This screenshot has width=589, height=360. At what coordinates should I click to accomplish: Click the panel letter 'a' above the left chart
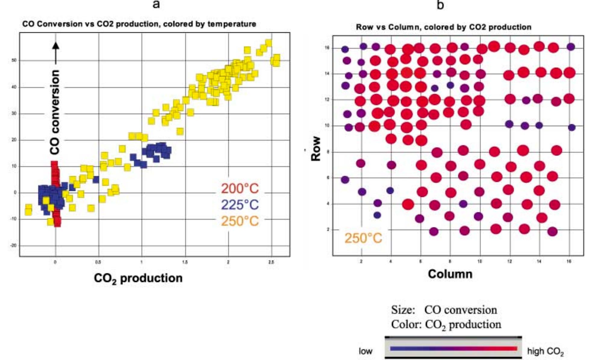[x=156, y=5]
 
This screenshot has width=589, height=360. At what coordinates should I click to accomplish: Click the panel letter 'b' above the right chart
[x=440, y=5]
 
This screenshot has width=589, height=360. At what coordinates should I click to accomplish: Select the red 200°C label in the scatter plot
[x=240, y=189]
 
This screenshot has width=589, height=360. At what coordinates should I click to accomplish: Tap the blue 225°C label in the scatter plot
[x=240, y=205]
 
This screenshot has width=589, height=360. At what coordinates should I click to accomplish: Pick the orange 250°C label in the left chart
[x=240, y=221]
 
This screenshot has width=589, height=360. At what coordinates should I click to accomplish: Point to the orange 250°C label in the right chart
[x=363, y=238]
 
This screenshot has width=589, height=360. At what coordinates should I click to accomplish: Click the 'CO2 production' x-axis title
[x=138, y=278]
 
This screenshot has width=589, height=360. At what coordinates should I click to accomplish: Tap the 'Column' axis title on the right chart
[x=450, y=274]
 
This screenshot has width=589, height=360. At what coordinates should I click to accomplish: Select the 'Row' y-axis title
[x=316, y=149]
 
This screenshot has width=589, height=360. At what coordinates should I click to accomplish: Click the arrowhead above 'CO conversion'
[x=56, y=45]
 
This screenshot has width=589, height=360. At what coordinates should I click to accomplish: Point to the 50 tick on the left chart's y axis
[x=14, y=61]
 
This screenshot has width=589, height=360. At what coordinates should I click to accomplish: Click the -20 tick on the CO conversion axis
[x=14, y=246]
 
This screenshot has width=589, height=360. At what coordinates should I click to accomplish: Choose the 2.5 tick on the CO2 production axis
[x=271, y=262]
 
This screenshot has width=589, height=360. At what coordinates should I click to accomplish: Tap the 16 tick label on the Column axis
[x=569, y=262]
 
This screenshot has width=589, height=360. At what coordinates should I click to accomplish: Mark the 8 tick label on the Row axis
[x=328, y=152]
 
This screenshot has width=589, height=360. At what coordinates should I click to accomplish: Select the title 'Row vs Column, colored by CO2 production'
[x=444, y=27]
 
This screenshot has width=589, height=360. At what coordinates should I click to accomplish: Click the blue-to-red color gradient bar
[x=453, y=349]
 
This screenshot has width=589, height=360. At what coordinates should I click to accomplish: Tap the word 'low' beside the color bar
[x=365, y=351]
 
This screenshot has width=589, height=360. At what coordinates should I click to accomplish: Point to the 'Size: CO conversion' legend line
[x=444, y=310]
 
